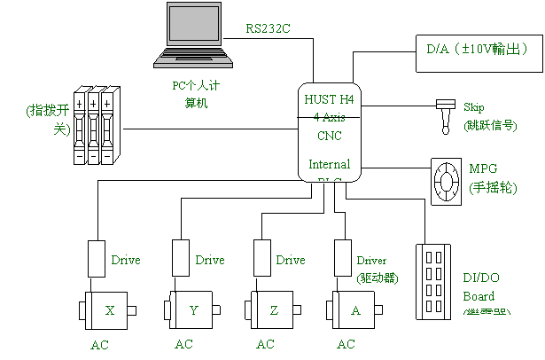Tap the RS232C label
(269, 28)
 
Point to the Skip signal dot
(446, 129)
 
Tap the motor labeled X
(102, 310)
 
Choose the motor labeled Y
(185, 310)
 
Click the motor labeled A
(348, 310)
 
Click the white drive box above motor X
(97, 259)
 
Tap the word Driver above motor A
(372, 261)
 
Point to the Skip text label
(474, 107)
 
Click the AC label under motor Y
(183, 344)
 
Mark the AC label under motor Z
(265, 344)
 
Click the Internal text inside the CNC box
(329, 164)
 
